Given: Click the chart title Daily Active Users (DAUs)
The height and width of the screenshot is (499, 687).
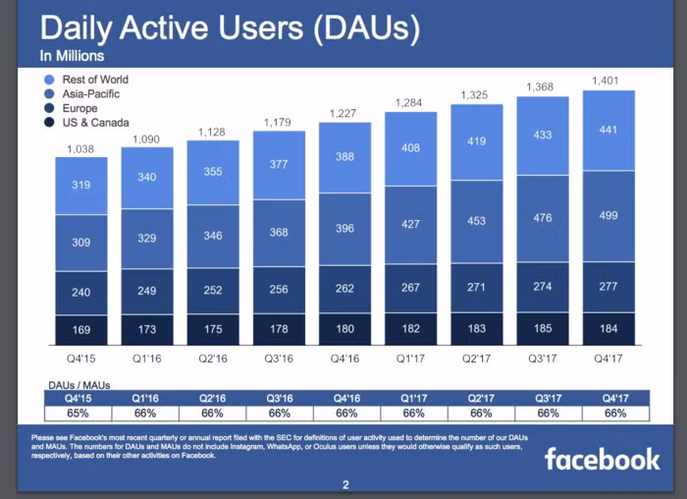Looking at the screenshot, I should pos(230,28).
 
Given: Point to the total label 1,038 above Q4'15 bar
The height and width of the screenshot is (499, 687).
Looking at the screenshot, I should pos(80,148).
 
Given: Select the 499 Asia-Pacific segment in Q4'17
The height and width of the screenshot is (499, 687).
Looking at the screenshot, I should pos(608,216).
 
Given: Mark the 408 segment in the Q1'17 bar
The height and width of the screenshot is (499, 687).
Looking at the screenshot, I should pos(410,148).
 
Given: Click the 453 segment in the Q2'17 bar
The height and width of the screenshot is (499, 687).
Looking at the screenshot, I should pos(476,221).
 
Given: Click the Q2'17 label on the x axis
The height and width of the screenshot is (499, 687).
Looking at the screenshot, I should pos(476,357).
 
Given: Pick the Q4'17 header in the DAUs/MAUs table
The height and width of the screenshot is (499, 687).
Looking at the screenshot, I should pos(614,399).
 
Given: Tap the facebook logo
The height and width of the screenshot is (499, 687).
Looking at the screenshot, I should pos(602,458).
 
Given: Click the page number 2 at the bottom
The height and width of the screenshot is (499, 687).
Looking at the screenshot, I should pos(345,484).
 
